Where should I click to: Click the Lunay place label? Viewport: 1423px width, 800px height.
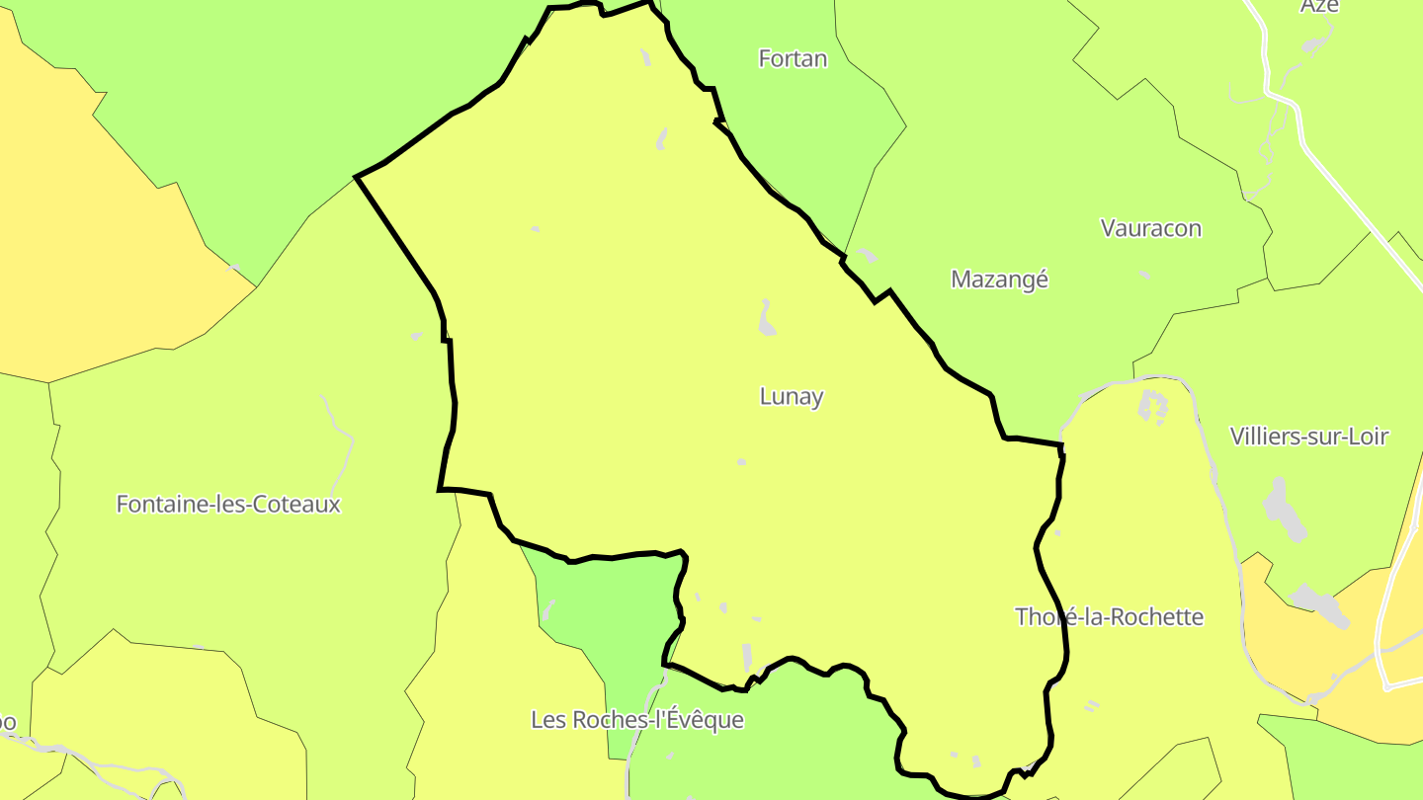click(x=792, y=397)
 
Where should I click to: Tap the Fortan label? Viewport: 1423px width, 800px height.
click(x=793, y=59)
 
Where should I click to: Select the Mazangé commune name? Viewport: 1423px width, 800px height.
click(x=999, y=280)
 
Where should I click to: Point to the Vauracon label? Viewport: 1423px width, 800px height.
click(x=1151, y=228)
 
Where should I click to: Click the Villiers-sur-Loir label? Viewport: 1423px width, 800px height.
click(x=1309, y=437)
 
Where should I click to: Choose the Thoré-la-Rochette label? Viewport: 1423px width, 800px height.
click(x=1110, y=617)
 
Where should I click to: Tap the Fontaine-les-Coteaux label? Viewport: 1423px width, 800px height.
click(x=228, y=505)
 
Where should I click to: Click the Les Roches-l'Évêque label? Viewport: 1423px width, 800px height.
click(x=637, y=720)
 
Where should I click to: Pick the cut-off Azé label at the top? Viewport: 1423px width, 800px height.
click(x=1319, y=6)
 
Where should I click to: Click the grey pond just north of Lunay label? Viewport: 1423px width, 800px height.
click(x=766, y=318)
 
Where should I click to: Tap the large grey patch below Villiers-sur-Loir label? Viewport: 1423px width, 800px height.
click(x=1282, y=506)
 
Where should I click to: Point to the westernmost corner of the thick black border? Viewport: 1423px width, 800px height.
click(x=357, y=178)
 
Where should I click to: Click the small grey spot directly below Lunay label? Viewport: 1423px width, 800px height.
click(x=741, y=461)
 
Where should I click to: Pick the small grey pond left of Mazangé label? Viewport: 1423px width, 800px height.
click(x=867, y=255)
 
